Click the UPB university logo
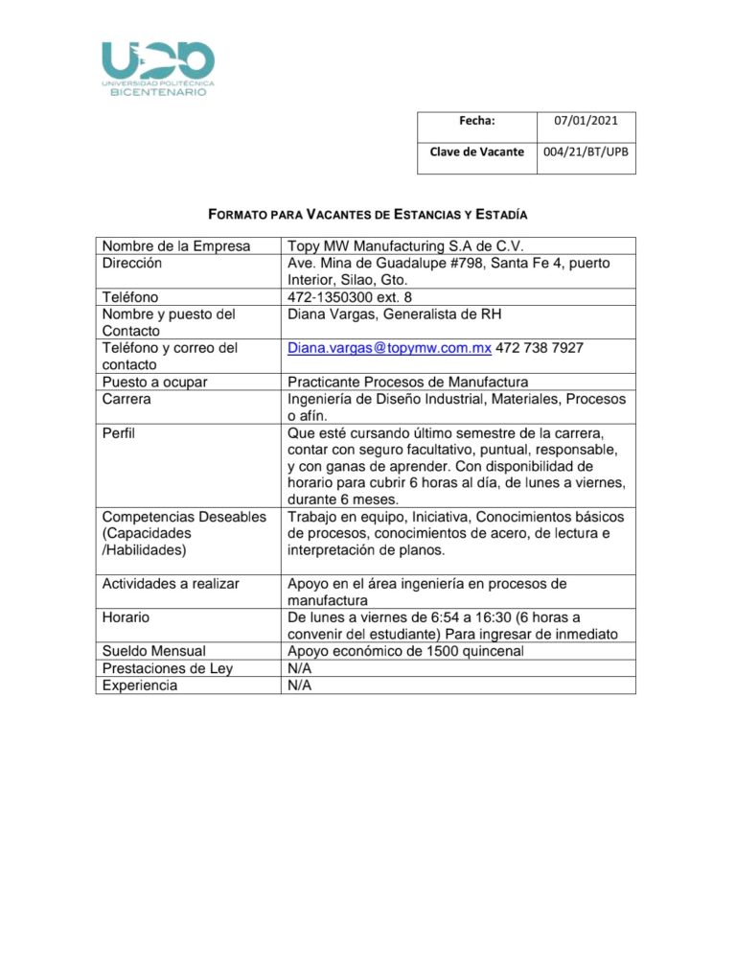click(158, 68)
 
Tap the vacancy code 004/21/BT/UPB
click(586, 151)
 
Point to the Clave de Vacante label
click(477, 151)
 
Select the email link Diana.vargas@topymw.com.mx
click(389, 349)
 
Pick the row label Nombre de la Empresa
click(176, 245)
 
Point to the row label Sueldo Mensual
click(154, 652)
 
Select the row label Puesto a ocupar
click(155, 382)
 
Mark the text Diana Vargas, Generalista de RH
click(395, 314)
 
